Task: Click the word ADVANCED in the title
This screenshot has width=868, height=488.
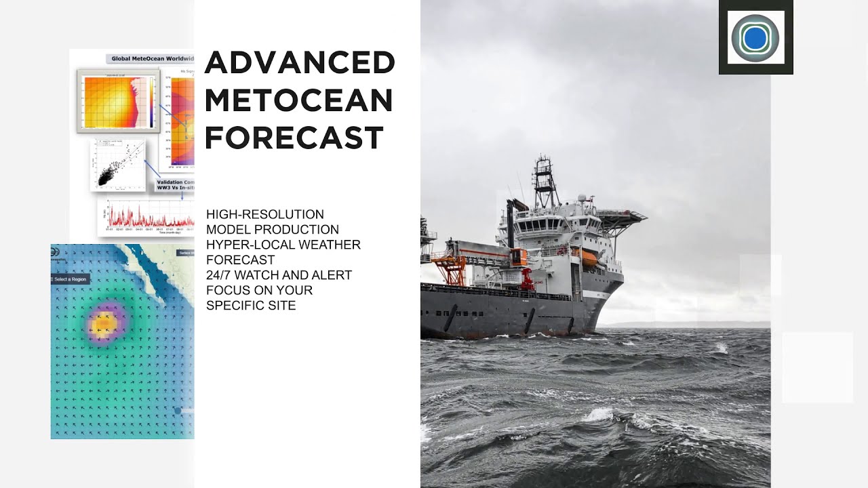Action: point(299,63)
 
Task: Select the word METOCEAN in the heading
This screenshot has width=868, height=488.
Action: point(298,100)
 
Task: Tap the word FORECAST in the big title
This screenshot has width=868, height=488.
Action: point(294,138)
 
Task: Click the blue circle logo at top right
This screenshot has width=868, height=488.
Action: point(755,39)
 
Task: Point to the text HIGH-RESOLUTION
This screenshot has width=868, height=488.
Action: point(265,214)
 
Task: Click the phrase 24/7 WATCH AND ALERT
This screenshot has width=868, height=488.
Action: point(279,275)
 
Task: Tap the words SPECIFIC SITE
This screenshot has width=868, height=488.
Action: point(251,306)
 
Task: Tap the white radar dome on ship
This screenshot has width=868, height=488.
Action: point(581,199)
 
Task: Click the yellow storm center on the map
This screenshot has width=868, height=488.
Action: point(103,326)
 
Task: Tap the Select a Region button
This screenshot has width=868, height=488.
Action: point(70,279)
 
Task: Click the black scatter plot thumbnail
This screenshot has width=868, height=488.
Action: point(117,165)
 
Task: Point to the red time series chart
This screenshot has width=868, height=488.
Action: point(146,216)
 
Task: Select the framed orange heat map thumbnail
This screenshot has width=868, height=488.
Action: point(118,102)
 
